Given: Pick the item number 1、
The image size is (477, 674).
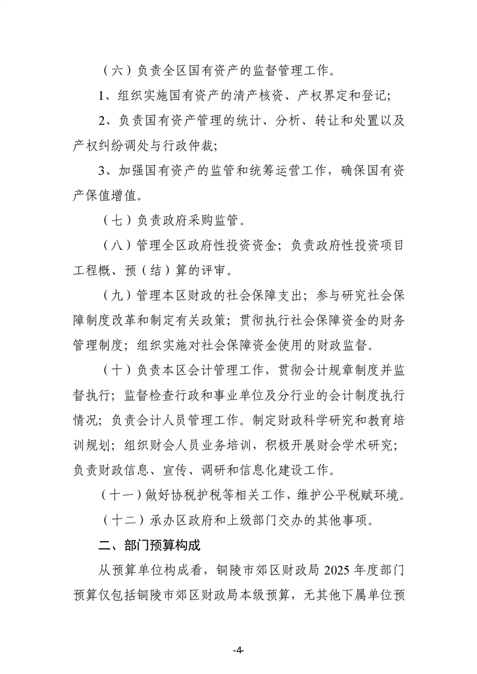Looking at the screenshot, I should click(106, 96).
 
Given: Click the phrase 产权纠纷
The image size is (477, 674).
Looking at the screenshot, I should click(96, 145).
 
